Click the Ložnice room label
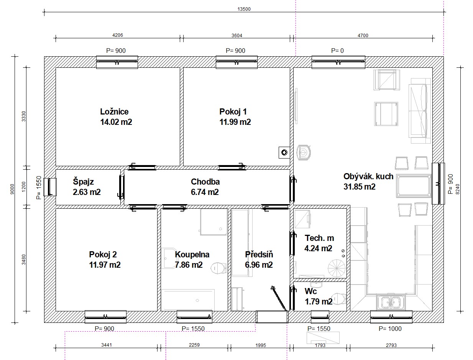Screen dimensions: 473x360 click(x=114, y=111)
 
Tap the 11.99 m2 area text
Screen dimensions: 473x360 click(x=235, y=122)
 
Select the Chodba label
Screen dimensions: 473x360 click(x=205, y=182)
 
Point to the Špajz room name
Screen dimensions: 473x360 click(x=83, y=182)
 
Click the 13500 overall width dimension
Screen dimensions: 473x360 click(x=244, y=9)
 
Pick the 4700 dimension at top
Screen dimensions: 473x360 click(x=363, y=35)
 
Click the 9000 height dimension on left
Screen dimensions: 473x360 click(x=12, y=189)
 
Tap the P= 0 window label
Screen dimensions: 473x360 click(x=337, y=51)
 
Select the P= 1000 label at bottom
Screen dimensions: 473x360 click(x=390, y=329)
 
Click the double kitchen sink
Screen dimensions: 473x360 click(x=391, y=302)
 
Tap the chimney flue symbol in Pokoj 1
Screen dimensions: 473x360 click(x=284, y=152)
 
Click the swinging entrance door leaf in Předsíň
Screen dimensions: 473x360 click(x=279, y=298)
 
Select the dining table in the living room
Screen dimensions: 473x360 click(x=414, y=186)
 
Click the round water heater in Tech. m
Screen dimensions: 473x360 click(x=337, y=268)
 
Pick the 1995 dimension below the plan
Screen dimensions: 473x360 click(x=261, y=345)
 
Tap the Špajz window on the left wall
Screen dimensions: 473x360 click(x=50, y=187)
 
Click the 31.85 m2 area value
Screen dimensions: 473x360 click(x=359, y=187)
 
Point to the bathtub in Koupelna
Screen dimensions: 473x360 click(x=188, y=300)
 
